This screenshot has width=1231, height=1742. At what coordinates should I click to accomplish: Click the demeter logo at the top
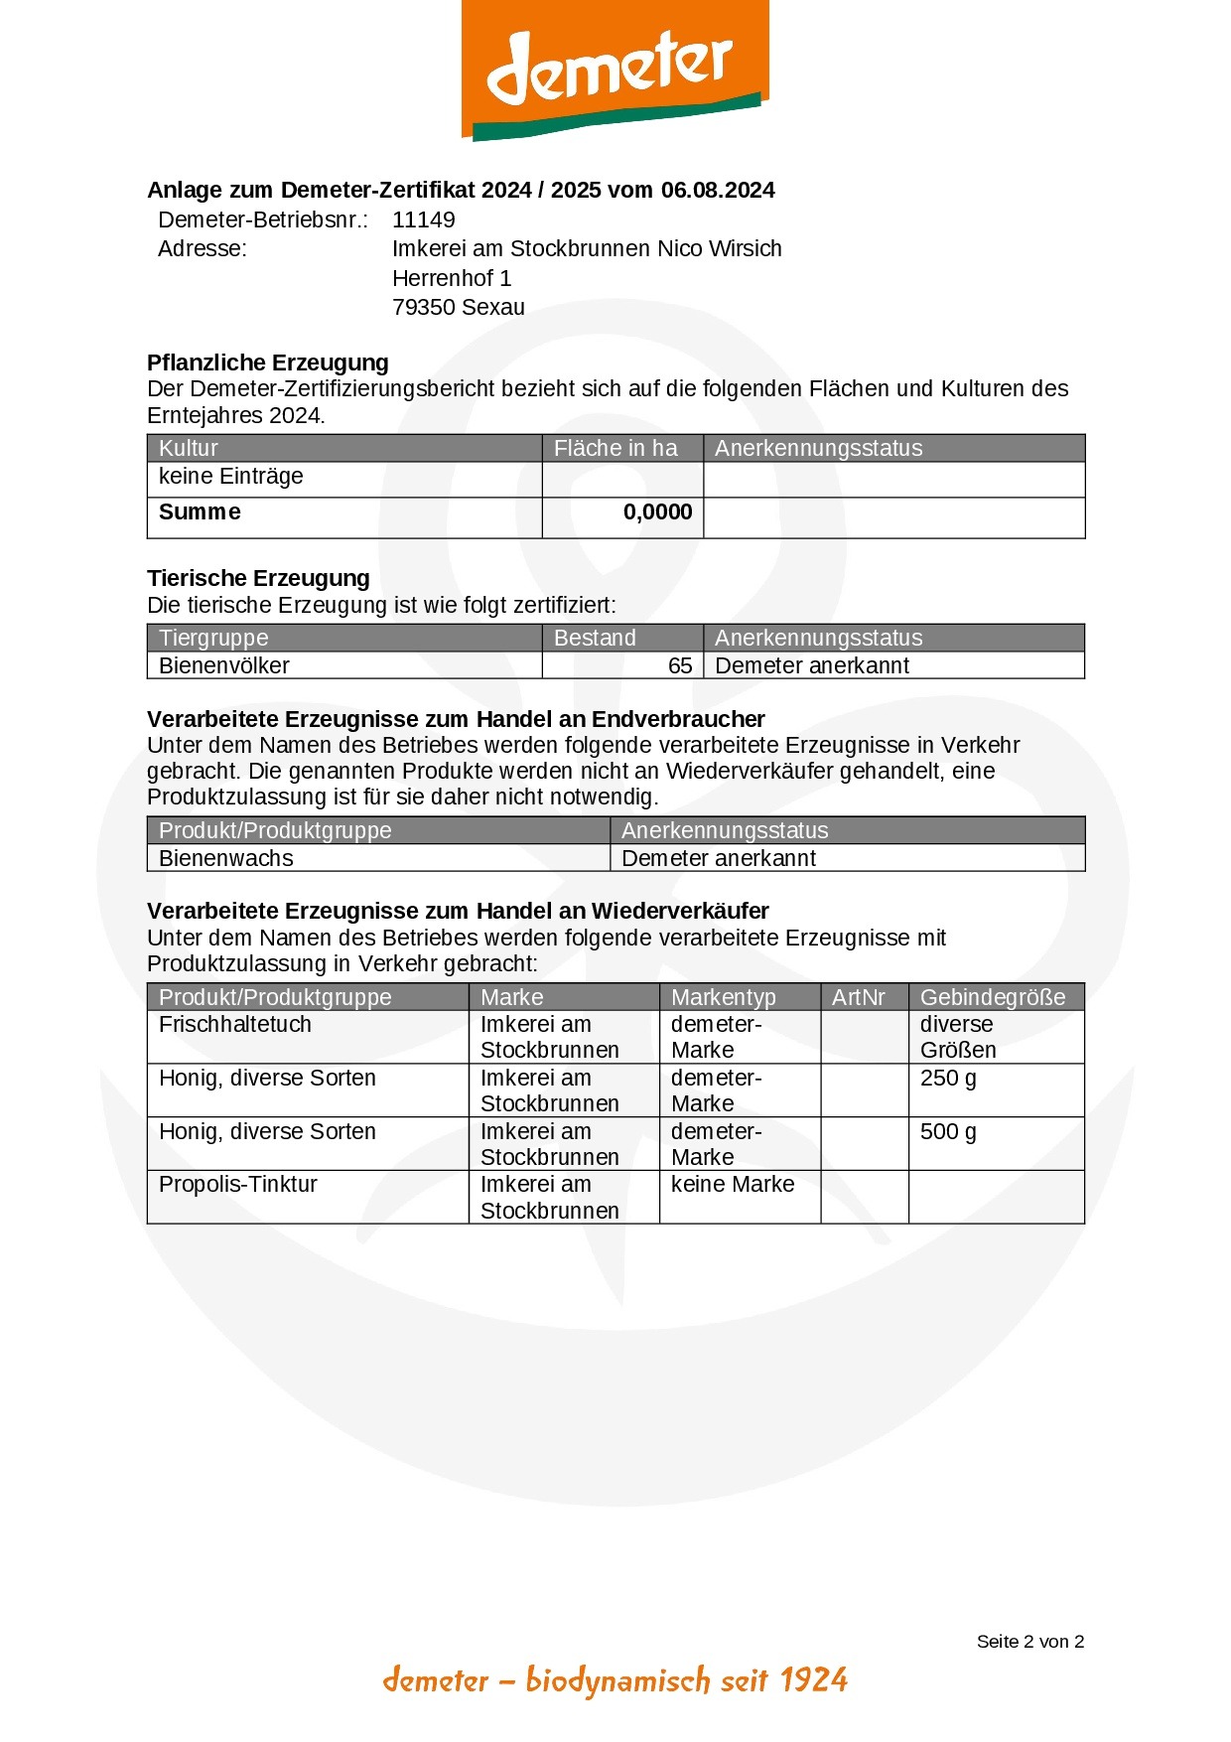[x=615, y=70]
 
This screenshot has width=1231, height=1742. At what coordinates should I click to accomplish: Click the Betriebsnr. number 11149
[x=424, y=220]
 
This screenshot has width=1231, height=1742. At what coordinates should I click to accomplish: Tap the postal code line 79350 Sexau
[x=459, y=308]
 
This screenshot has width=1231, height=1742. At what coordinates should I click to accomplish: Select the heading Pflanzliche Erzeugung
[x=268, y=363]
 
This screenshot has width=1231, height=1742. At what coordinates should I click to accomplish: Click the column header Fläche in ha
[x=615, y=449]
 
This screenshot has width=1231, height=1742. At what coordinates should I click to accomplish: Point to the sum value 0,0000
[x=657, y=512]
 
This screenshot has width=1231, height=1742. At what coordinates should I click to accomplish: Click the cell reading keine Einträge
[x=231, y=477]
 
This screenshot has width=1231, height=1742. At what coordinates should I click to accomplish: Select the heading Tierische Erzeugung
[x=258, y=578]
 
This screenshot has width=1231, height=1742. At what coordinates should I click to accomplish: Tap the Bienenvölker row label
[x=224, y=666]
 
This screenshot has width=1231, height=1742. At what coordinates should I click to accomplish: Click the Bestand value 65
[x=680, y=666]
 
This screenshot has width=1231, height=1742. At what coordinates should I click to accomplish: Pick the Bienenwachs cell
[x=226, y=859]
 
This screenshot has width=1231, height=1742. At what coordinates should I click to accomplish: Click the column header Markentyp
[x=724, y=997]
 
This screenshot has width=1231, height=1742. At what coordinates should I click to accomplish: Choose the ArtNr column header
[x=859, y=997]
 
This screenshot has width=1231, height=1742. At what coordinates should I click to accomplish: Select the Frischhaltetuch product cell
[x=235, y=1025]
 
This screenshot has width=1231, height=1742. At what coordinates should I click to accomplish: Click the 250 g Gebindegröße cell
[x=948, y=1079]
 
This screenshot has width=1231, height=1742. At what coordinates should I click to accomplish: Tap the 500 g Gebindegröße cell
[x=948, y=1132]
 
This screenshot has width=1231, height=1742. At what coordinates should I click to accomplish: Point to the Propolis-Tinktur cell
[x=238, y=1185]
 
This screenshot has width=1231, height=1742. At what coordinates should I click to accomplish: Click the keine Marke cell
[x=733, y=1185]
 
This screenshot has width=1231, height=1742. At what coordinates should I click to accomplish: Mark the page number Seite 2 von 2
[x=1029, y=1642]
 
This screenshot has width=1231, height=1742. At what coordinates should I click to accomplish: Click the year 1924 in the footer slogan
[x=813, y=1680]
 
